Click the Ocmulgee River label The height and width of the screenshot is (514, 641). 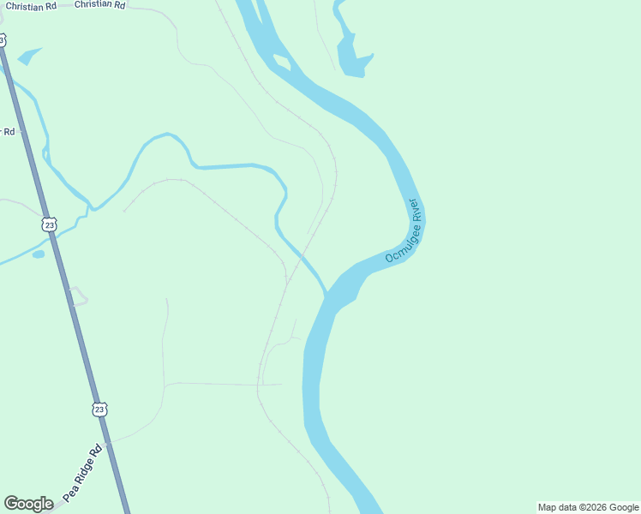tap(403, 232)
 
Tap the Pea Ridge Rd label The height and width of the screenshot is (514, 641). tap(82, 473)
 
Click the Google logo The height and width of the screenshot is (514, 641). tap(28, 504)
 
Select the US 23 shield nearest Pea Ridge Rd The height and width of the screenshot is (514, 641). tap(100, 409)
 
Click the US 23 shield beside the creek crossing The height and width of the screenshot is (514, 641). tap(50, 225)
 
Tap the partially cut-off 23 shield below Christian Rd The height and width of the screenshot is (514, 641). tap(3, 40)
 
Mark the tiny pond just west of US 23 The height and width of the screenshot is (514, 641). tap(38, 254)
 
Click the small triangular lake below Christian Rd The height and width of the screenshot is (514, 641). tap(28, 57)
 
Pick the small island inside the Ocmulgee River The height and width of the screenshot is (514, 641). tap(281, 62)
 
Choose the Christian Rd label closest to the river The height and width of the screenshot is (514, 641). tap(99, 5)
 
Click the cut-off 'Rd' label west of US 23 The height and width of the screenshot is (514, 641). tap(9, 132)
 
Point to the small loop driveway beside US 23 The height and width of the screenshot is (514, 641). tap(78, 296)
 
